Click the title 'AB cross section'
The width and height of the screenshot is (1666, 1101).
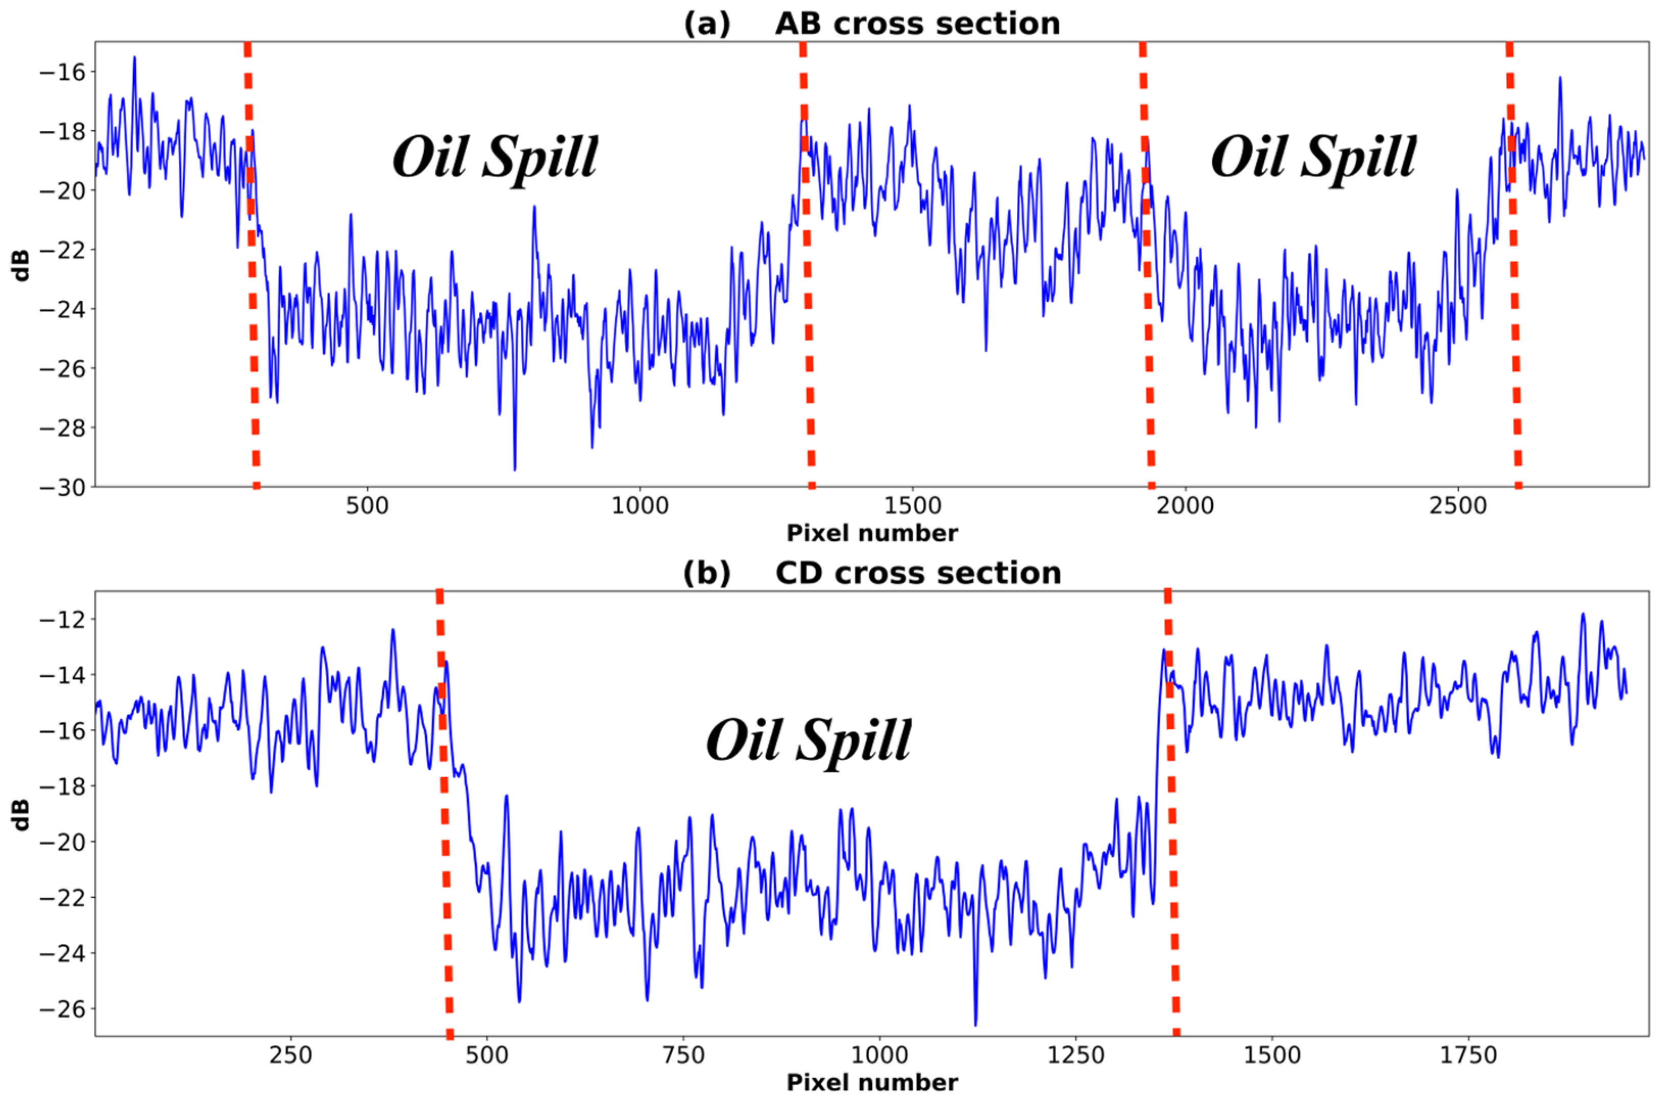click(917, 24)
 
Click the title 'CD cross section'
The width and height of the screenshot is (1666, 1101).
click(918, 573)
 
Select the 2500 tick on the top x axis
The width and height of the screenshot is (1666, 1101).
click(1458, 506)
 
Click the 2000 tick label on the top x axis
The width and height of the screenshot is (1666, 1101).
click(1185, 506)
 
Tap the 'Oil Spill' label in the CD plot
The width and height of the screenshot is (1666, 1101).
click(808, 741)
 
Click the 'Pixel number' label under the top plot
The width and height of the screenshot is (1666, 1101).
click(872, 534)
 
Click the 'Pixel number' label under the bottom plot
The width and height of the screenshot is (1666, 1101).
click(872, 1083)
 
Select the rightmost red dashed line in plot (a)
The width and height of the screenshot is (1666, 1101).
click(1514, 281)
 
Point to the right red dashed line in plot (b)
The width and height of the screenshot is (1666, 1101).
click(1171, 815)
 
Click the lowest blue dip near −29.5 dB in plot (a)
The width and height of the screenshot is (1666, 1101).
click(514, 469)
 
